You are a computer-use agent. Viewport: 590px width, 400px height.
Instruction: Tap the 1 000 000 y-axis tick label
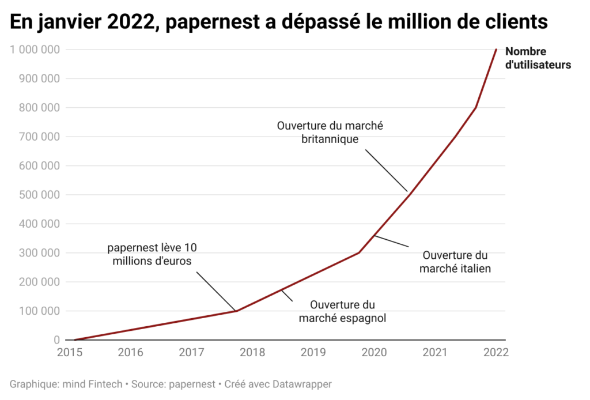[x=35, y=50]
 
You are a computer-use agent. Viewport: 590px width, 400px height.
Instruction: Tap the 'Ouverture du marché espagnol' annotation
[x=342, y=311]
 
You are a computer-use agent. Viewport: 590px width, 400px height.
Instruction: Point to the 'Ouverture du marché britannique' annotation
[x=330, y=132]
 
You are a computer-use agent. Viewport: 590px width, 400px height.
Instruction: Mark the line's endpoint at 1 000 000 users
[x=496, y=50]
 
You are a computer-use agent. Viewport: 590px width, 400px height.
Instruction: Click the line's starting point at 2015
[x=75, y=340]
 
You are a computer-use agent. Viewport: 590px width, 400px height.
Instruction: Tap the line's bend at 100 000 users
[x=236, y=311]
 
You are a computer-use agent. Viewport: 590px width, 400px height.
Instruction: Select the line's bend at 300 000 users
[x=359, y=252]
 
